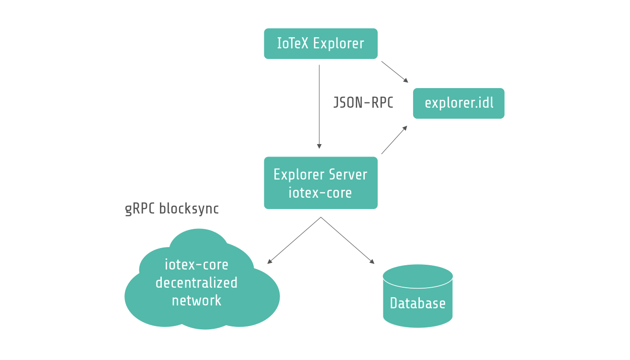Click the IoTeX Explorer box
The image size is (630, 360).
pos(321,44)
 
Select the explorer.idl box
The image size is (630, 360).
pos(459,103)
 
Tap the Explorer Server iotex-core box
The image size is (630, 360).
pos(321,183)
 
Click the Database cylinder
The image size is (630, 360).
pos(417,297)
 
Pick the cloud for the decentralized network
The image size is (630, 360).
pos(201,282)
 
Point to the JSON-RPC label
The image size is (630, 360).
pos(363,103)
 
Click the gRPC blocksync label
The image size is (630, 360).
pos(172,209)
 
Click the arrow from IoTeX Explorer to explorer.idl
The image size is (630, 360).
pos(394,71)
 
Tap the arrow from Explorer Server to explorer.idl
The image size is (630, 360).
pos(394,140)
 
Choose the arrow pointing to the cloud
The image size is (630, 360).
pos(293,240)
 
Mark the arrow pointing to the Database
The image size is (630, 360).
pos(347,240)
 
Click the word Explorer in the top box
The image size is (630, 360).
pos(338,44)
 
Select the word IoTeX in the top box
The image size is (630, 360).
pos(292,44)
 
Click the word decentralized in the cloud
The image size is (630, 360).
pos(196,282)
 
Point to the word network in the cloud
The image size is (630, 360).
pos(196,301)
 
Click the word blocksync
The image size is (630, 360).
pos(189,209)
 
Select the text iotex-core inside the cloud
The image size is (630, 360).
pos(196,265)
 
